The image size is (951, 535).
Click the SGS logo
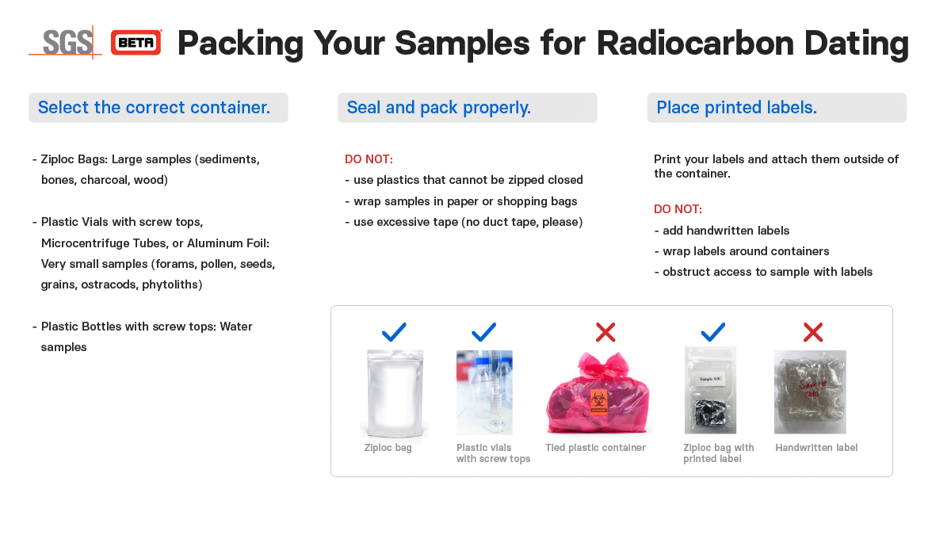pyautogui.click(x=67, y=43)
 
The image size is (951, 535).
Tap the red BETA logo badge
pyautogui.click(x=136, y=43)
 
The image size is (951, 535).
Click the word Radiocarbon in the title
pyautogui.click(x=695, y=43)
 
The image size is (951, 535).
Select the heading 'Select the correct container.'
pyautogui.click(x=154, y=108)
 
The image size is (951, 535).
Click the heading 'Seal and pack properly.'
pyautogui.click(x=438, y=108)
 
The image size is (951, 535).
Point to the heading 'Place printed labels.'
pyautogui.click(x=736, y=108)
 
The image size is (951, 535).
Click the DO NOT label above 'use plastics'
pyautogui.click(x=369, y=159)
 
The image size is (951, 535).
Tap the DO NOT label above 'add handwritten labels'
pyautogui.click(x=678, y=209)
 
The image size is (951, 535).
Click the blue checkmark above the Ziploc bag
pyautogui.click(x=394, y=332)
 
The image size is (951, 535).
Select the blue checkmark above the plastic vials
pyautogui.click(x=484, y=332)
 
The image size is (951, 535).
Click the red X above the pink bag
pyautogui.click(x=605, y=332)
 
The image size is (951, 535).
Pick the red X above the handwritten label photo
pyautogui.click(x=813, y=332)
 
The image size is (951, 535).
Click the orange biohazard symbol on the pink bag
pyautogui.click(x=598, y=400)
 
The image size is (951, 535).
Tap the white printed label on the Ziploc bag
pyautogui.click(x=710, y=379)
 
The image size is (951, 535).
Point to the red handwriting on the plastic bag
pyautogui.click(x=812, y=388)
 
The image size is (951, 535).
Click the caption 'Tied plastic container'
pyautogui.click(x=595, y=448)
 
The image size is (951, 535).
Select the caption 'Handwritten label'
pyautogui.click(x=816, y=448)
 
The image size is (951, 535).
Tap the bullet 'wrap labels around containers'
pyautogui.click(x=742, y=251)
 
